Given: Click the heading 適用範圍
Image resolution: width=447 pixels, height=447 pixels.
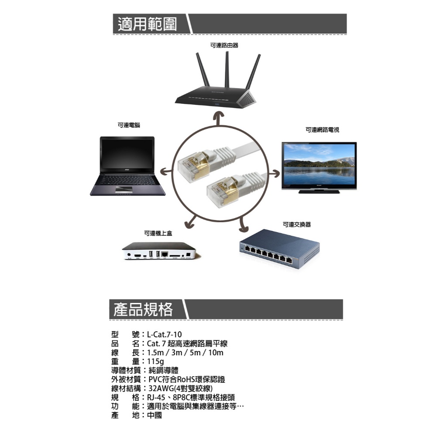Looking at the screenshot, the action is click(147, 24).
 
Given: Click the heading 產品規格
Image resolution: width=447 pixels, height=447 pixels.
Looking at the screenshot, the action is click(143, 309).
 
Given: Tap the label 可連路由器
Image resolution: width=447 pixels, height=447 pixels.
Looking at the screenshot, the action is click(224, 45).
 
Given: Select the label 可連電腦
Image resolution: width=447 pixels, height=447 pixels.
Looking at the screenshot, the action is click(129, 125).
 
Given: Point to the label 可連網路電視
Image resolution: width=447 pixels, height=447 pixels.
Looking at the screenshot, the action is click(323, 130).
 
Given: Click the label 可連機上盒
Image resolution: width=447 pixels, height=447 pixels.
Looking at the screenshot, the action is click(158, 234).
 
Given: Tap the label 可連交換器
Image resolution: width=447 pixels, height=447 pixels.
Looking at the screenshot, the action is click(297, 225).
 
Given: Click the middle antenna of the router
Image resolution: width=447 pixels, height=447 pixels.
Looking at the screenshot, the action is click(227, 69).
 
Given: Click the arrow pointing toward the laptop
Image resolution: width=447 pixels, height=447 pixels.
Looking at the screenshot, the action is click(166, 171).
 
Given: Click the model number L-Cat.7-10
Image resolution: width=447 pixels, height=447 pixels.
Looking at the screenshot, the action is click(164, 334).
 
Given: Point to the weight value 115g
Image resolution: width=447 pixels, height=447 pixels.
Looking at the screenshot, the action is click(155, 362).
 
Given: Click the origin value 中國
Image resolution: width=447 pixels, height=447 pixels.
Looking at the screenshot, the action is click(155, 416).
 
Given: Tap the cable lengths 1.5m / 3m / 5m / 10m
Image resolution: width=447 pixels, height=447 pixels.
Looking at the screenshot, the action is click(185, 353).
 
